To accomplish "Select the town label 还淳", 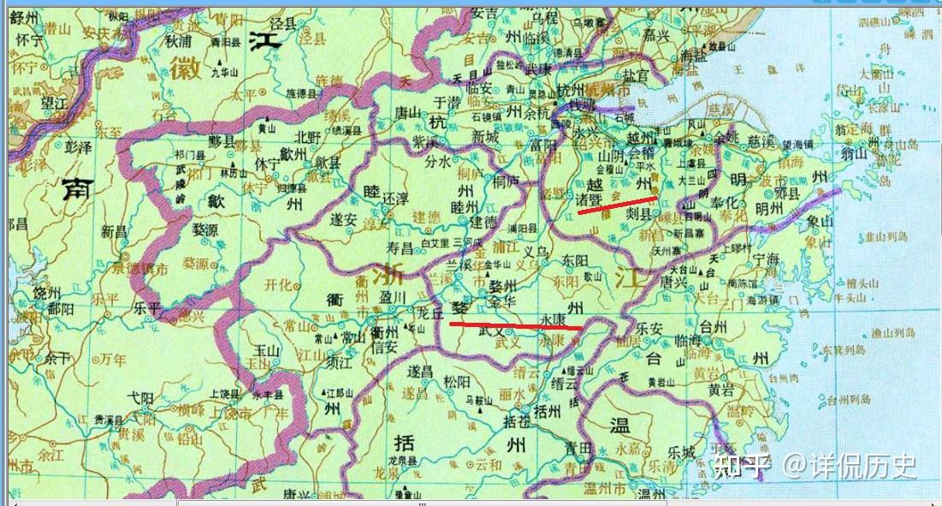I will [x=395, y=198].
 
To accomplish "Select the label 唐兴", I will [x=675, y=281].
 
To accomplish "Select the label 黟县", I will [x=224, y=143].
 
